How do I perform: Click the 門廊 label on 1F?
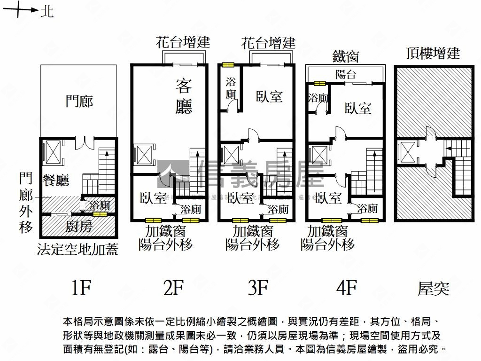(x=79, y=101)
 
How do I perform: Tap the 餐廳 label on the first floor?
(x=56, y=180)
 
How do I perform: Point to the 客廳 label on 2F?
(x=184, y=96)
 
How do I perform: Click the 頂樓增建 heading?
(x=433, y=53)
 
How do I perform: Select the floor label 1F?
(x=80, y=287)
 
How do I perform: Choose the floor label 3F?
(x=258, y=287)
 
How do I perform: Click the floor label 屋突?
(x=433, y=288)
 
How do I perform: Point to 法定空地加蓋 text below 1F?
(x=78, y=249)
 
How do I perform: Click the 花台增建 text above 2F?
(x=183, y=43)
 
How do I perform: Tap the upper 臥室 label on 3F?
(x=269, y=96)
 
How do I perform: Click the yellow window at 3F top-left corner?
(x=228, y=65)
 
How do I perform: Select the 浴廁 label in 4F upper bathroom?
(x=318, y=98)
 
